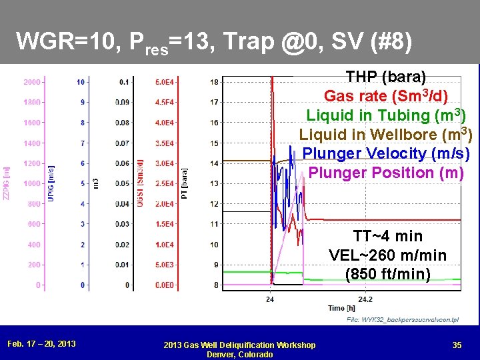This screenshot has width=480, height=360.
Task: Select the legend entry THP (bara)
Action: [x=386, y=77]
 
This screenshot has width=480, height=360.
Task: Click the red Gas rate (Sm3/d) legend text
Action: [x=386, y=96]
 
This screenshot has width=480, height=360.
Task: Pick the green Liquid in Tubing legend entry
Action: [x=386, y=115]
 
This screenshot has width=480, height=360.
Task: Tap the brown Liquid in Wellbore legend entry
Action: [x=386, y=135]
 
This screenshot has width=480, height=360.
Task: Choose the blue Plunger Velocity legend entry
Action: [x=386, y=153]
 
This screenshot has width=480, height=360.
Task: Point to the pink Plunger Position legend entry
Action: [x=386, y=173]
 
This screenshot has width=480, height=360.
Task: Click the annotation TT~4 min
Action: [x=388, y=236]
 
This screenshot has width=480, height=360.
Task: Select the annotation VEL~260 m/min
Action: [x=388, y=255]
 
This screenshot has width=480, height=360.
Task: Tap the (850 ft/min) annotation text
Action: [x=388, y=274]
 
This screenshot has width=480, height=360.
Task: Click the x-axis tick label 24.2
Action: [x=365, y=299]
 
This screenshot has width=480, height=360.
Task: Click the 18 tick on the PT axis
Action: [x=213, y=82]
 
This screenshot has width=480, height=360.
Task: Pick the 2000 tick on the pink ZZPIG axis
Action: [x=31, y=82]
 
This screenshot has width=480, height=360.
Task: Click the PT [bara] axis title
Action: [x=185, y=183]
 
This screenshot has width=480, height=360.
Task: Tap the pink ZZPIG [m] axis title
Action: [x=7, y=183]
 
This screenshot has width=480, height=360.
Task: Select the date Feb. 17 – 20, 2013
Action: [x=41, y=344]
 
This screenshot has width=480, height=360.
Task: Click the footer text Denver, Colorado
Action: [x=240, y=354]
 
